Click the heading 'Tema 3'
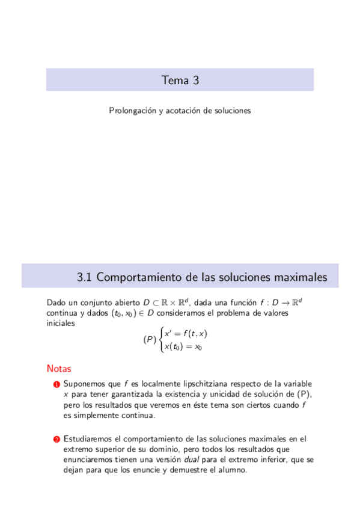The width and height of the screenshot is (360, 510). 180,80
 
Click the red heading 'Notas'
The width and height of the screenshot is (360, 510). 59,368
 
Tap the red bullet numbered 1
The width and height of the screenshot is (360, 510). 56,384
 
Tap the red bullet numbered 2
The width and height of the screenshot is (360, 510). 56,440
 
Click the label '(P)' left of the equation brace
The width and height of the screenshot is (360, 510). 150,340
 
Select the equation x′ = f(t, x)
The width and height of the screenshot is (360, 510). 186,334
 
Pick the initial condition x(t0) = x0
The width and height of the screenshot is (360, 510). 183,346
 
